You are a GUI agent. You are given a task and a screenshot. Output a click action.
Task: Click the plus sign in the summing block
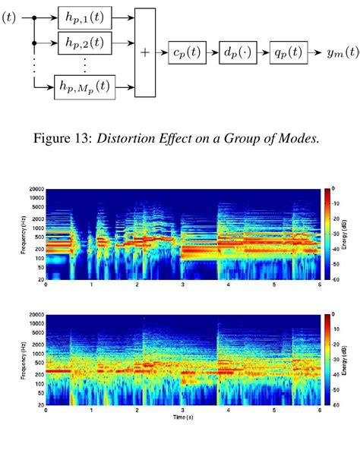pos(144,53)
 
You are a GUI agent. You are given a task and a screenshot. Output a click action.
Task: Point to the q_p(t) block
pos(291,53)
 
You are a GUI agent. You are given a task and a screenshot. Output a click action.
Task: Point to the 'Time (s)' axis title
pos(182,417)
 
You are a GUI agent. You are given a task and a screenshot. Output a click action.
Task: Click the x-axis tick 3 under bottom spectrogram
pos(182,411)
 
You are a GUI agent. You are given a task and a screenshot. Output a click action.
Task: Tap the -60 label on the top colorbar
pos(335,278)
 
